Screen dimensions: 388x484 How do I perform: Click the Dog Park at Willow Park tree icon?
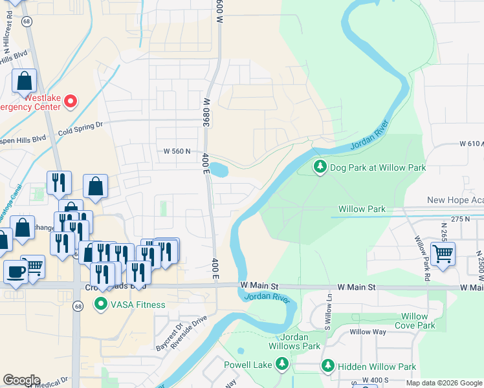[x=320, y=167]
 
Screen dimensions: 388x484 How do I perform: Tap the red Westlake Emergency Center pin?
[x=71, y=102]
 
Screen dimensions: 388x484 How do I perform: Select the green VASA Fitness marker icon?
[x=100, y=304]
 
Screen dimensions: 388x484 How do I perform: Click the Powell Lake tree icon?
[x=281, y=365]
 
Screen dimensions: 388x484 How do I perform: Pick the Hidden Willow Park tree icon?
[x=329, y=367]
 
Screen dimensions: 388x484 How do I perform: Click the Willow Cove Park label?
[x=414, y=321]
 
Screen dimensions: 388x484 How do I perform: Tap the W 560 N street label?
[x=178, y=151]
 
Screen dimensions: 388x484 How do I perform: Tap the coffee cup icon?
[x=15, y=271]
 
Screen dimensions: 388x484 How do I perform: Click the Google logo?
[x=21, y=380]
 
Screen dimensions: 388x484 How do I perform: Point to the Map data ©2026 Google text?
[x=444, y=383]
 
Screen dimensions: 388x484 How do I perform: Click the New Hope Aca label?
[x=455, y=201]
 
